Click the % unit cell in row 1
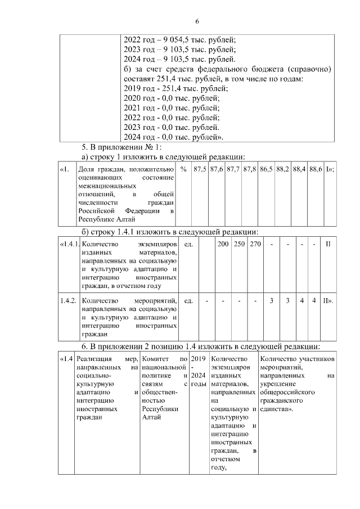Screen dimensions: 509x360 [x=183, y=169]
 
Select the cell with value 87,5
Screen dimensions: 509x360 [x=200, y=169]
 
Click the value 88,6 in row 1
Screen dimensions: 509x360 [x=316, y=169]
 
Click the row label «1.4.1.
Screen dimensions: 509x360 [x=69, y=245]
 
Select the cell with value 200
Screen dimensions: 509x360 [x=223, y=245]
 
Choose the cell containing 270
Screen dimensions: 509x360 [x=255, y=245]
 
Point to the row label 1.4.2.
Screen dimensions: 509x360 [x=69, y=301]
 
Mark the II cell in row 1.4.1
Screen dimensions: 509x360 [x=328, y=245]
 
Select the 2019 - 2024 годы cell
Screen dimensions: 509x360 [x=198, y=371]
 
